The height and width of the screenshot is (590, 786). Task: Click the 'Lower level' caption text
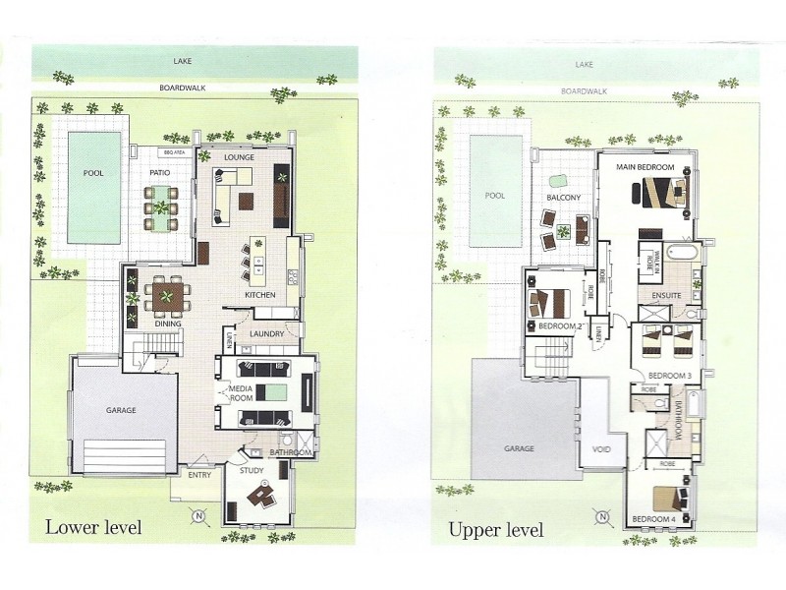[93, 528]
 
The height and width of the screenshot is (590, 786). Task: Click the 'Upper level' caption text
[495, 531]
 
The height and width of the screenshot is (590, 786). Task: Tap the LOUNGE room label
[240, 157]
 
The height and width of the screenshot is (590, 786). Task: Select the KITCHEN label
[259, 295]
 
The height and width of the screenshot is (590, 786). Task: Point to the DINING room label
[168, 324]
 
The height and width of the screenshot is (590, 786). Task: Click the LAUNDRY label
[266, 334]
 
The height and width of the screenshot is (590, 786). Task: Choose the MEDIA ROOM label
[243, 393]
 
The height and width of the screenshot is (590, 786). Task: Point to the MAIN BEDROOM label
[645, 167]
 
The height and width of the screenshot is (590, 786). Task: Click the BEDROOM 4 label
[650, 518]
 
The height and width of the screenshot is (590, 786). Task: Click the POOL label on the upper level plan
[494, 195]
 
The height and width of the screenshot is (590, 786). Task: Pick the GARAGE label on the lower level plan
[121, 409]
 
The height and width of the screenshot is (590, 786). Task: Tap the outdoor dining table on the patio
[160, 208]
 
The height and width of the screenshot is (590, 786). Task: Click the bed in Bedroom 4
[669, 497]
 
